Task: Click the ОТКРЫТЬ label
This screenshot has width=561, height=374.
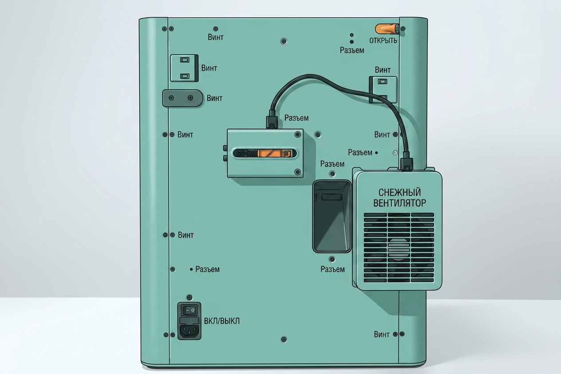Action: click(383, 40)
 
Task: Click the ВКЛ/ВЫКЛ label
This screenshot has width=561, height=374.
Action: click(221, 321)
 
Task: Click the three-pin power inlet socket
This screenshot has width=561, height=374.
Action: click(190, 331)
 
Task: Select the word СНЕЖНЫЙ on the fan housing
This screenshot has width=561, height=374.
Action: click(399, 192)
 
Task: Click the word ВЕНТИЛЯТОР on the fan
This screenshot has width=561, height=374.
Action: click(399, 203)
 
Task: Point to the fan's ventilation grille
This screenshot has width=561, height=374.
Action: click(399, 247)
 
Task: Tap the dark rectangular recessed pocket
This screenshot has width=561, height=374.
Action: click(332, 216)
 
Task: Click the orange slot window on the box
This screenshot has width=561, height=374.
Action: click(265, 153)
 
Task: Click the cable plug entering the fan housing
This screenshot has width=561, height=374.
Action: click(406, 162)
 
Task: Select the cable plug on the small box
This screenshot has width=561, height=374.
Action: click(272, 119)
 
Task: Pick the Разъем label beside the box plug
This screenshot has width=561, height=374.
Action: click(296, 118)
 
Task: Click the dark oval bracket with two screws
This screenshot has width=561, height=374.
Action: click(182, 98)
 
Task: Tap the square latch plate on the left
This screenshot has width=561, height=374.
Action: click(184, 68)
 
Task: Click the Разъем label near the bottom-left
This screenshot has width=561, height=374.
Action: click(207, 269)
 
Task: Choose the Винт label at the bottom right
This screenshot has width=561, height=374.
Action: click(382, 334)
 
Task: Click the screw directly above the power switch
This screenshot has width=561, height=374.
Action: click(190, 298)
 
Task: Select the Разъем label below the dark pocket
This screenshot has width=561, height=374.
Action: click(332, 269)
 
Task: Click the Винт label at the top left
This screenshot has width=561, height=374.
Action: click(216, 37)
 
